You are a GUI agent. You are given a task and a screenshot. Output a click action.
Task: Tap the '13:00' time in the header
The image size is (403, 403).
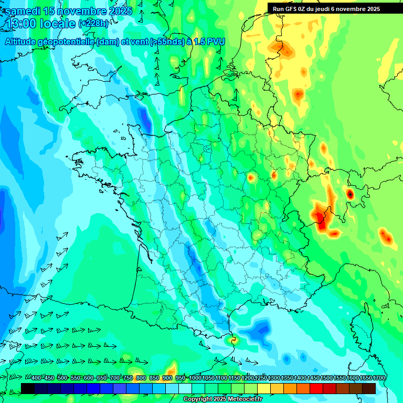pyautogui.click(x=21, y=24)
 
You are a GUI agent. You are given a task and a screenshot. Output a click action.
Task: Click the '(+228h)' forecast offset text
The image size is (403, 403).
pyautogui.click(x=93, y=24)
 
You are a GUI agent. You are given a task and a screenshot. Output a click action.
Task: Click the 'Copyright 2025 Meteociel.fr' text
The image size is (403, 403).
pyautogui.click(x=223, y=399)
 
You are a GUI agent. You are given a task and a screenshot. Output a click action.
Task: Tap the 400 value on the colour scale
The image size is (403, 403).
pyautogui.click(x=36, y=378)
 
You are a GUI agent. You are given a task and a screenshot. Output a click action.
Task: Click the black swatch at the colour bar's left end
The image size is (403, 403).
pyautogui.click(x=28, y=388)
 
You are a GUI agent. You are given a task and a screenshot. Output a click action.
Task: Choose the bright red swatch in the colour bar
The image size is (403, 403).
pyautogui.click(x=316, y=388)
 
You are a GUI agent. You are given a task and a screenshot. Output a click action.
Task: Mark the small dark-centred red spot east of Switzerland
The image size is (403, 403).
pyautogui.click(x=350, y=194)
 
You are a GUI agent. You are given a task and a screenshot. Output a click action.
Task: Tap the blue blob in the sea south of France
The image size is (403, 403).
pyautogui.click(x=259, y=330)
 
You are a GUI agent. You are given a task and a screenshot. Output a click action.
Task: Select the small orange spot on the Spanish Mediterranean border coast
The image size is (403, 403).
pyautogui.click(x=234, y=340)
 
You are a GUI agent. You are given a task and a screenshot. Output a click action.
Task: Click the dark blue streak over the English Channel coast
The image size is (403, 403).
pyautogui.click(x=144, y=119)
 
